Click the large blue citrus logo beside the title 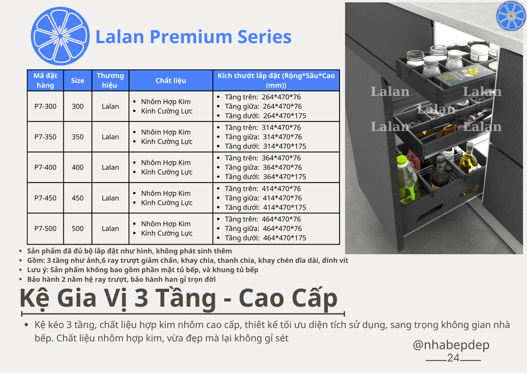(x=60, y=36)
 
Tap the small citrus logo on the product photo (x=511, y=15)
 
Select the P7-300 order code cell (x=45, y=106)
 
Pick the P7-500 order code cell (x=45, y=228)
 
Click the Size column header (x=77, y=81)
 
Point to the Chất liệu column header (x=171, y=81)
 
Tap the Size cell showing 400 (x=77, y=167)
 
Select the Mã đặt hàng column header (x=45, y=80)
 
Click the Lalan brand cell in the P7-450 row (x=110, y=198)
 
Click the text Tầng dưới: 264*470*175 (x=265, y=116)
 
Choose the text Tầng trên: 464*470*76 (x=262, y=219)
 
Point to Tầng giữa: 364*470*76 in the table (x=263, y=167)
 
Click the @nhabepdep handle (x=451, y=345)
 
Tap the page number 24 (x=453, y=358)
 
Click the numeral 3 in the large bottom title (x=141, y=298)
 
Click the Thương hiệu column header (x=110, y=80)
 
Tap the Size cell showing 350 (x=77, y=137)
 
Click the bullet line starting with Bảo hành (x=121, y=279)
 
